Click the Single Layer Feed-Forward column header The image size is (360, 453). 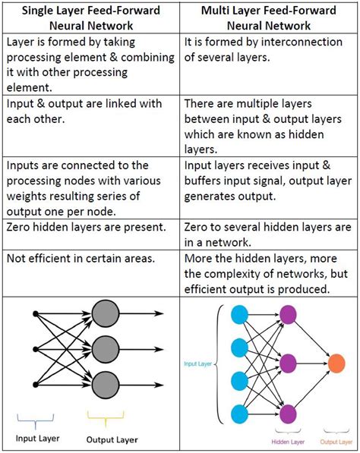coord(91,18)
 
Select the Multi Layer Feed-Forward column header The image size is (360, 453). coord(269,18)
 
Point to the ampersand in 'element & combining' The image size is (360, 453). coord(114,57)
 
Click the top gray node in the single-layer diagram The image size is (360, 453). coord(106,313)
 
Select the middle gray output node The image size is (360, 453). coord(106,349)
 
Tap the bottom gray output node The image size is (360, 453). coord(106,385)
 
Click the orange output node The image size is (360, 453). coord(336,363)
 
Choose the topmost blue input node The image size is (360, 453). coord(240,315)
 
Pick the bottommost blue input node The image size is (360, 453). coord(240,414)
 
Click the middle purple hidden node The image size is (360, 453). coord(288,363)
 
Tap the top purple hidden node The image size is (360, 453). coord(288,315)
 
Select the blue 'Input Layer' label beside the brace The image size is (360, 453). coord(197,363)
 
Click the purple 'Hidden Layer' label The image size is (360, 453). coord(288,442)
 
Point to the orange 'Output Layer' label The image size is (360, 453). coord(336,442)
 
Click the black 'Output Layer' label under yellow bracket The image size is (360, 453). coord(112,439)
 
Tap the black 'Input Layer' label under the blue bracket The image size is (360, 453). coord(37,439)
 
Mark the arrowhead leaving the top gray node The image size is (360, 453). coord(159,313)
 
